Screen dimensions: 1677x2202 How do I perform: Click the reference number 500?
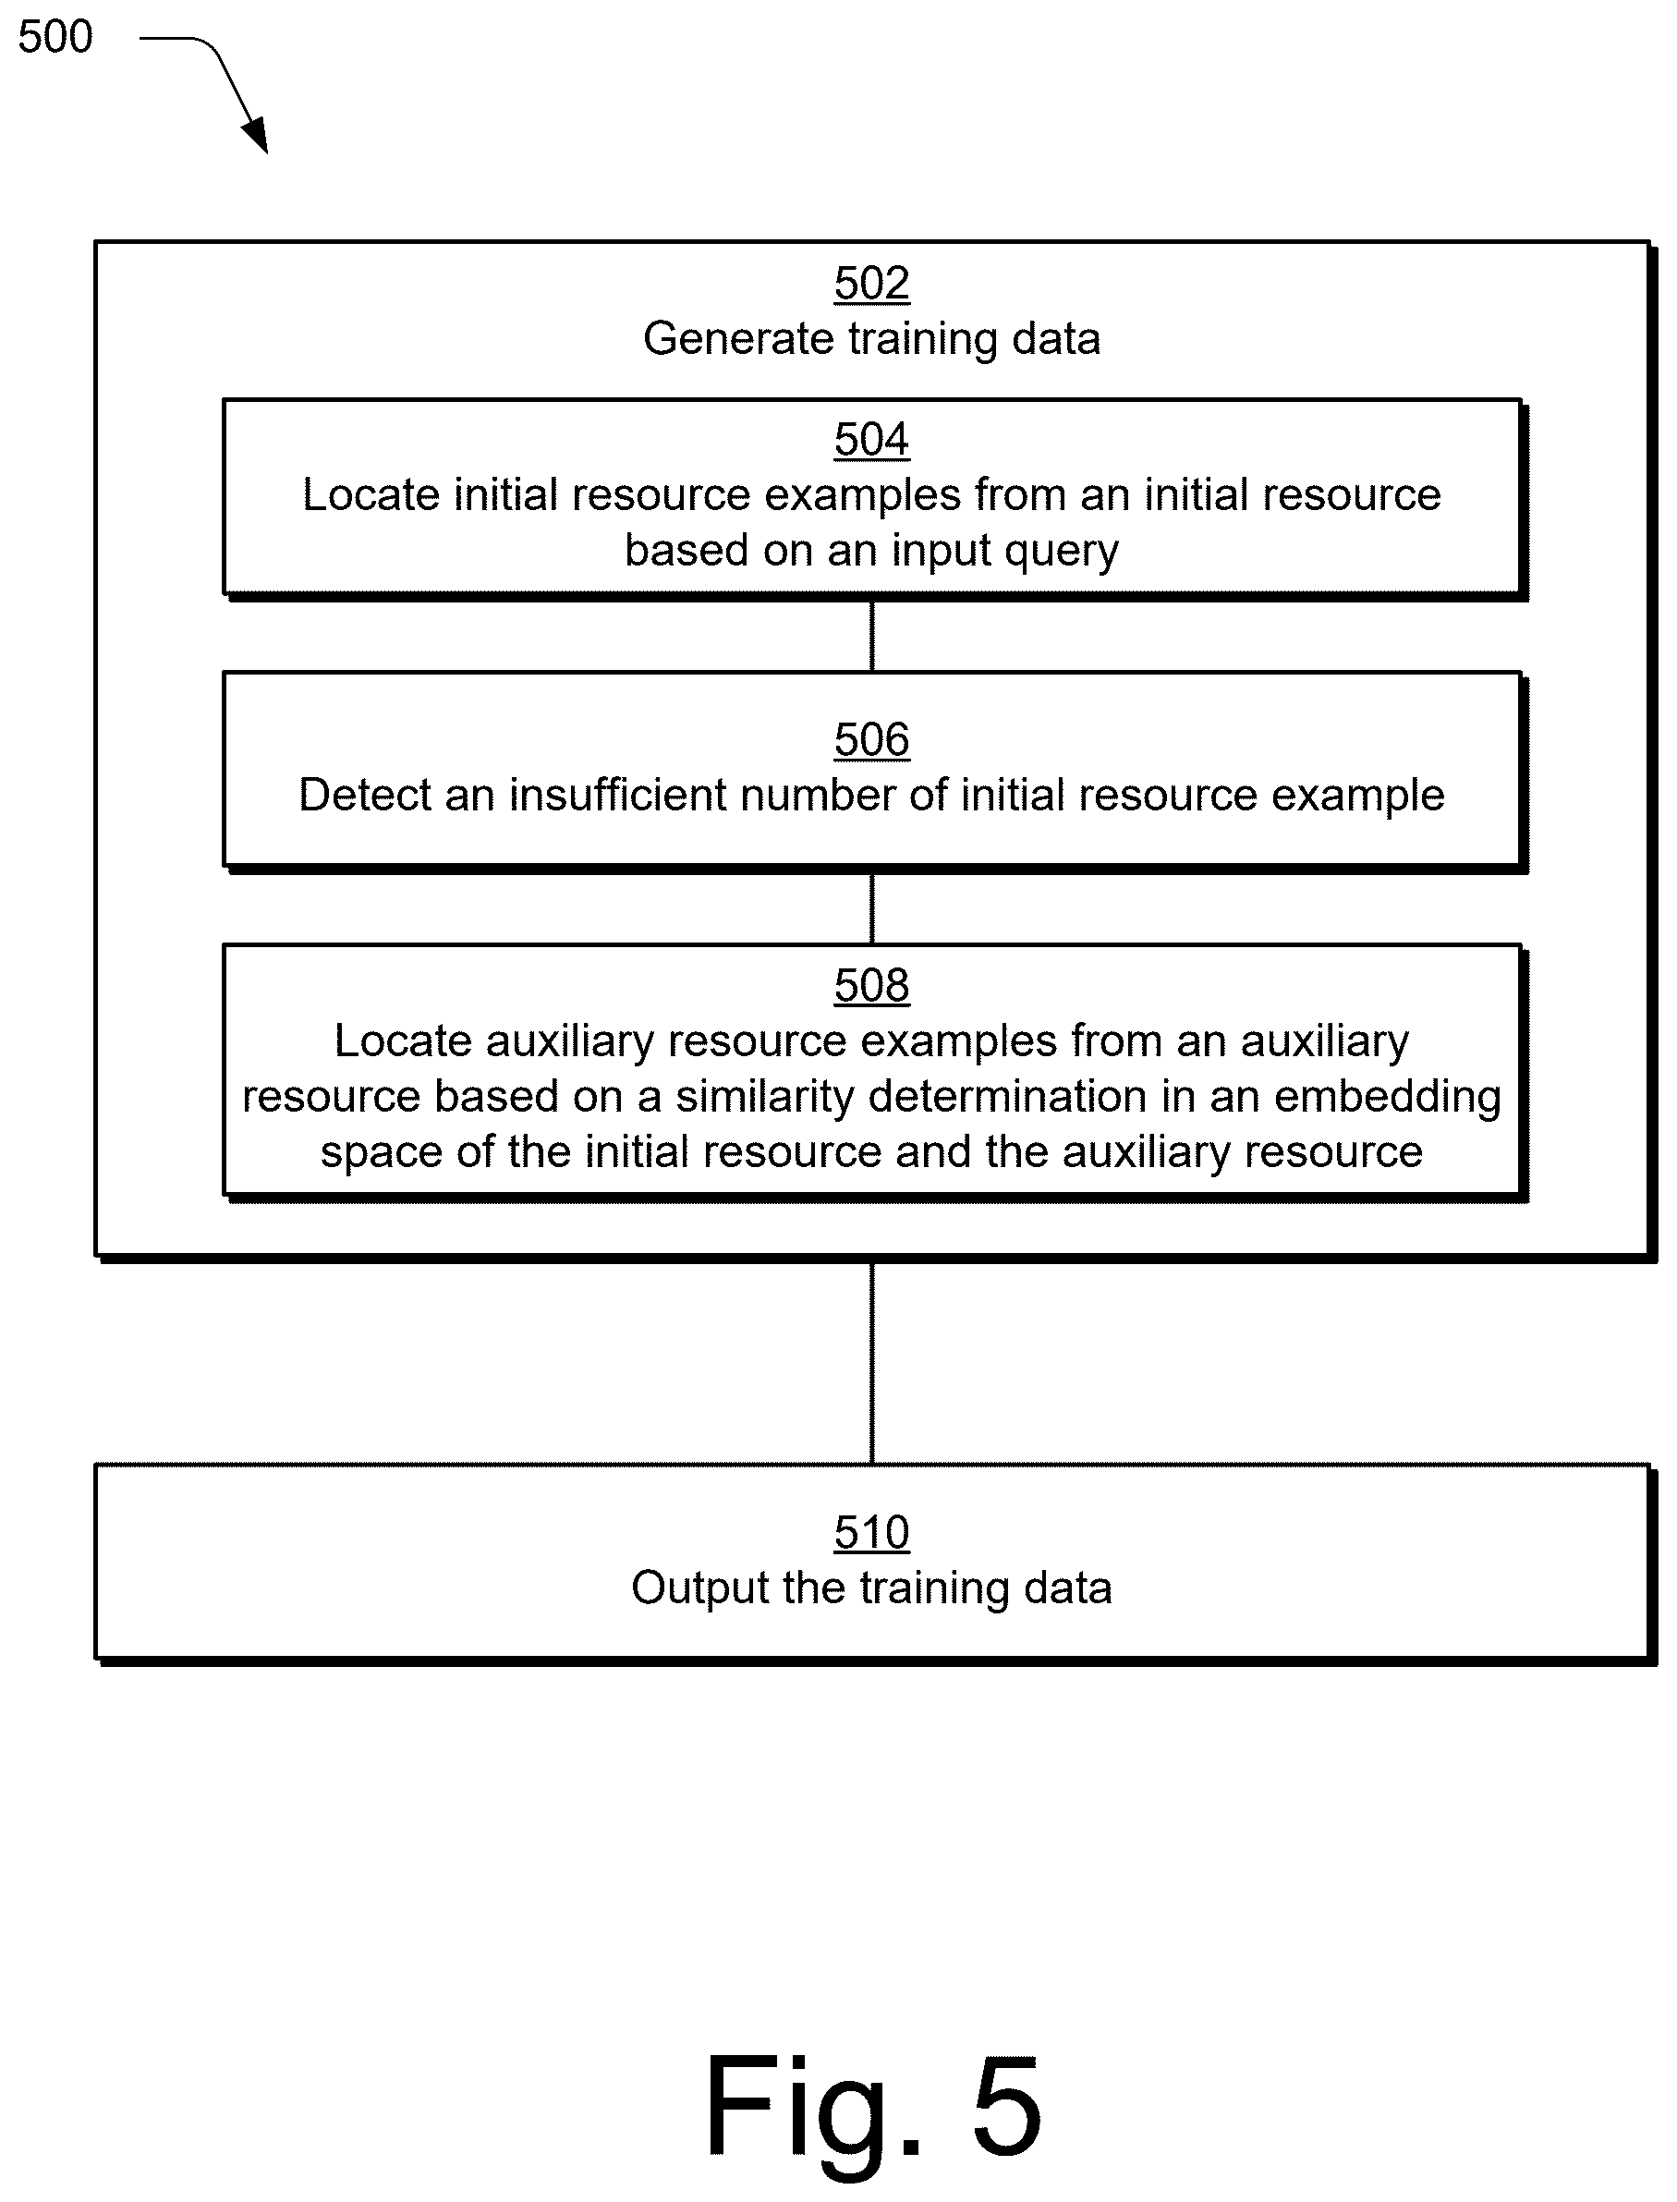55,37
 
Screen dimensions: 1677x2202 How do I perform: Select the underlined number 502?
871,284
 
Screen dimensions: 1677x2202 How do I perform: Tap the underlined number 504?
871,439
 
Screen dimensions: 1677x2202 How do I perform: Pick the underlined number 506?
871,739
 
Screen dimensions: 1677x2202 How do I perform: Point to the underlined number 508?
871,985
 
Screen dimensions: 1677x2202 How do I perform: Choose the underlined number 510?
871,1532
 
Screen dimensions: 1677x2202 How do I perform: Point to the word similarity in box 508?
765,1097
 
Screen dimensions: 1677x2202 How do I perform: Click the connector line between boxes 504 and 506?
871,636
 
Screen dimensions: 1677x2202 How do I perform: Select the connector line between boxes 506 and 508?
871,908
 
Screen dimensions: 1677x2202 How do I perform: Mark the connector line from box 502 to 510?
871,1363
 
